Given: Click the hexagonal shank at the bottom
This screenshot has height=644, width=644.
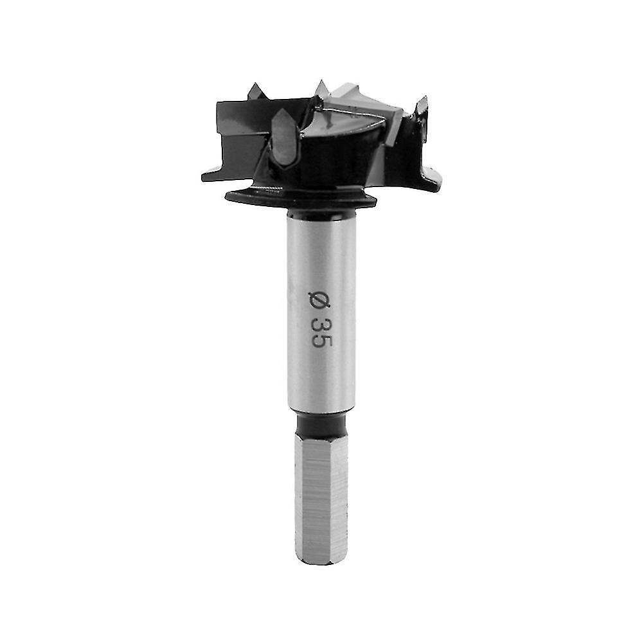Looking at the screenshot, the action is tap(321, 499).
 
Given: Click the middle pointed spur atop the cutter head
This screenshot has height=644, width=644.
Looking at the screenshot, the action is tap(321, 89).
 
